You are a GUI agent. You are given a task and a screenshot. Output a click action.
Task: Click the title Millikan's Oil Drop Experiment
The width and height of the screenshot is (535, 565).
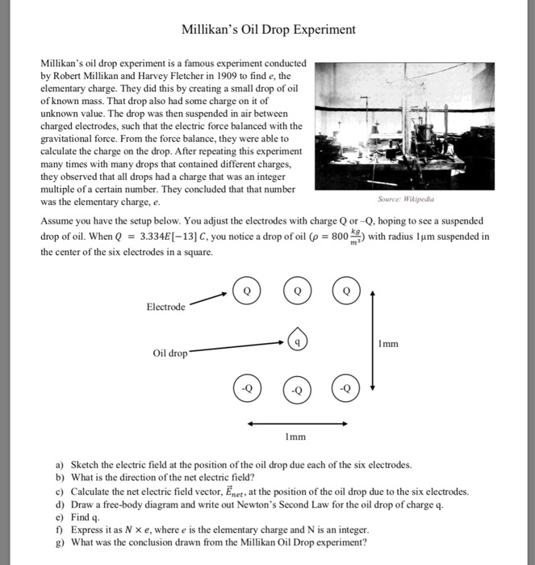(268, 30)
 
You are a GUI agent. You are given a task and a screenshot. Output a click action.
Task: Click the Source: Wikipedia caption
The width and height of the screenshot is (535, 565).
(405, 197)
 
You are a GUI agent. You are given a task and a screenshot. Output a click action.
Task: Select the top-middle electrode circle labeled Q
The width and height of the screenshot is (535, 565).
(298, 290)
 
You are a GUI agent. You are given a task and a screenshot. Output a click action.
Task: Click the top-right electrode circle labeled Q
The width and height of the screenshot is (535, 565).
(347, 290)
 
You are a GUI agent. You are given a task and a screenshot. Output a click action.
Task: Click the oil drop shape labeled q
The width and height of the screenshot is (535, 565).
(298, 341)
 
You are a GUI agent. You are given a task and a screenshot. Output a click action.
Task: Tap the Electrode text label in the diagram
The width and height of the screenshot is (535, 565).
(165, 307)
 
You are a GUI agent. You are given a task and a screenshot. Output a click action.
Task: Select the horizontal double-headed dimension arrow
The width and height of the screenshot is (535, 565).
(297, 423)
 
